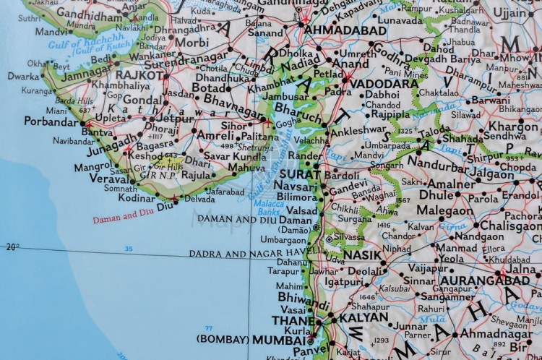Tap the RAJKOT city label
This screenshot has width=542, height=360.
coord(141,74)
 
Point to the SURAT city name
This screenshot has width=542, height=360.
coord(295,174)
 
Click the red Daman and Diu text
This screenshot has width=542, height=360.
coord(124,214)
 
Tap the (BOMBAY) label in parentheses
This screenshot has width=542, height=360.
coord(222,339)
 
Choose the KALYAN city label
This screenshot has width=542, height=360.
coord(359,318)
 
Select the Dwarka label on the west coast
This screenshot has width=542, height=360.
coord(22,75)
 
